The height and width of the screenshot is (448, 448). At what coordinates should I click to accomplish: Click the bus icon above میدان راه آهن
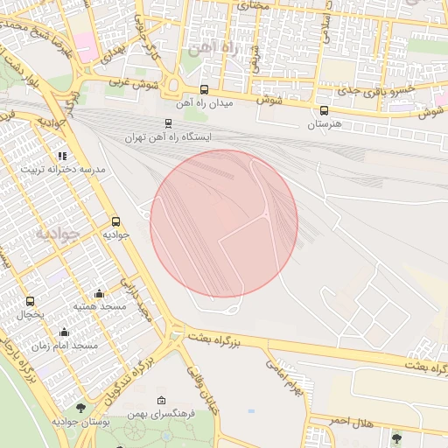204,89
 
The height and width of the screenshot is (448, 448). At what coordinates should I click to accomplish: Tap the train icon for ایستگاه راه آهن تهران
168,124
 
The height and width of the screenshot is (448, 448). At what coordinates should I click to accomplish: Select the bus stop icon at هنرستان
325,111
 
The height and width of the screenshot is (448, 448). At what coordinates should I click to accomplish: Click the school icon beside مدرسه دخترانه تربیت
61,156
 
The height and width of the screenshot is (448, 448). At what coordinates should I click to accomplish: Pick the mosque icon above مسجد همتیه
99,293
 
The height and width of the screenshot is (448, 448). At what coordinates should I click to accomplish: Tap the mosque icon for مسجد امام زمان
64,332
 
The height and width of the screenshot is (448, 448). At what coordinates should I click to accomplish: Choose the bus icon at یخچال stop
31,301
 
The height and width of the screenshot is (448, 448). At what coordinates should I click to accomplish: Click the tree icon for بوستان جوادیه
80,408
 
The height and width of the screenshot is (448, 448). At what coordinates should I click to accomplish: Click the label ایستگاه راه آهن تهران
181,137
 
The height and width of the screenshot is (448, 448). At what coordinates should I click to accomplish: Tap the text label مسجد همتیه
99,307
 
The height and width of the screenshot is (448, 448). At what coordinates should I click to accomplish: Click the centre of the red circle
224,223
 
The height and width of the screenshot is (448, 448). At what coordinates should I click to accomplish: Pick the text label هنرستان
325,125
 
